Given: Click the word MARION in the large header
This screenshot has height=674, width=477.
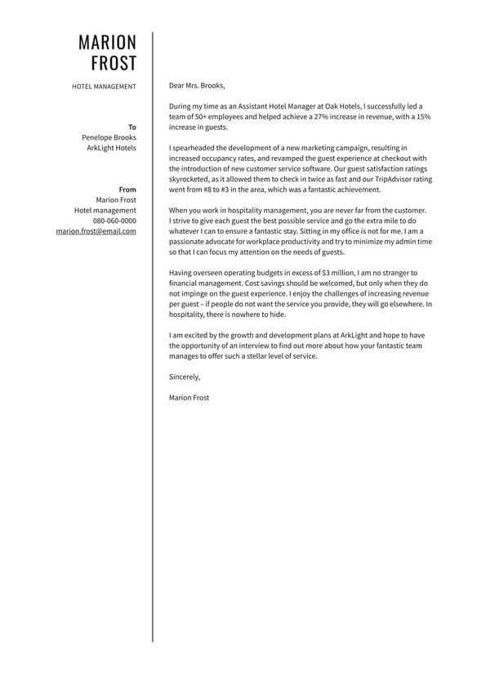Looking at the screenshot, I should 107,42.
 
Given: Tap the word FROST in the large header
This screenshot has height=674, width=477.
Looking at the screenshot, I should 114,64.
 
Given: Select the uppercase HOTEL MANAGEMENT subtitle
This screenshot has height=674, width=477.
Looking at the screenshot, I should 104,86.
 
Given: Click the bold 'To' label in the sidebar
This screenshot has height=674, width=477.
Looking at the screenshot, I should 132,127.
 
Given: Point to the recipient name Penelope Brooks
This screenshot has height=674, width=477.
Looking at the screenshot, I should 109,137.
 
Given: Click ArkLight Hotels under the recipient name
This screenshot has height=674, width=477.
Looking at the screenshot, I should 112,148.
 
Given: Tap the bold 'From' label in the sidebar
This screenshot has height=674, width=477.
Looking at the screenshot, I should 127,190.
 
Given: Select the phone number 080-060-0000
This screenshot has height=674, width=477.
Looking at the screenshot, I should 114,221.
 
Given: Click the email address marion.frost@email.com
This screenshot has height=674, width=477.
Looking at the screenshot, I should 96,231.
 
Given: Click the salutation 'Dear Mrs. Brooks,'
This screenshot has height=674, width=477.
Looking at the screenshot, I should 196,85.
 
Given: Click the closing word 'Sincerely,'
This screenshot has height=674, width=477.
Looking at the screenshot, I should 185,377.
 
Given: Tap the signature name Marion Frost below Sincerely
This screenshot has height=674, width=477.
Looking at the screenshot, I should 189,398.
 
